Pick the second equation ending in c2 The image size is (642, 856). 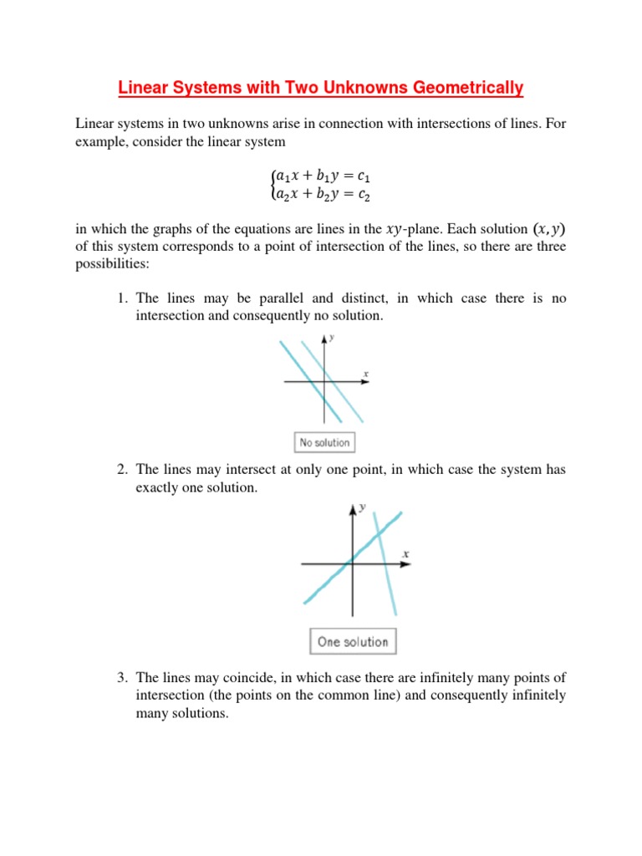(320, 195)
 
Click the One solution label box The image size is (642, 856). (352, 642)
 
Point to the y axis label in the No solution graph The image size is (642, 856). (332, 338)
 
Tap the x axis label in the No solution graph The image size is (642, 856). (366, 373)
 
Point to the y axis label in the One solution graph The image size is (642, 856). (363, 508)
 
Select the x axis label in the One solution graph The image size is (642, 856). (405, 553)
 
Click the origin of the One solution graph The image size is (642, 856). (352, 563)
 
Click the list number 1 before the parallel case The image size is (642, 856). (121, 298)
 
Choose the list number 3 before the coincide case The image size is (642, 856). (121, 677)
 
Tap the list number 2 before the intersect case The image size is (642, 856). (121, 470)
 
